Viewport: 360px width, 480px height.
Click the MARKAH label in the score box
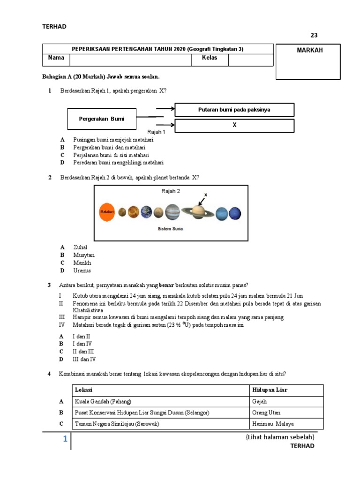tap(310, 50)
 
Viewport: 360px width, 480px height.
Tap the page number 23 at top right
tap(314, 35)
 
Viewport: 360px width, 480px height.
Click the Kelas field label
tap(209, 58)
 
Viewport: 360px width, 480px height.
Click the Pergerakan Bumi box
tap(102, 119)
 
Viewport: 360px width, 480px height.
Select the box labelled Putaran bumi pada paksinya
tap(234, 110)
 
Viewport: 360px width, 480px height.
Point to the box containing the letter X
tap(234, 126)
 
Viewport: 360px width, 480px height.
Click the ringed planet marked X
tap(198, 212)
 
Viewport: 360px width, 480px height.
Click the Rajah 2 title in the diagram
tap(171, 191)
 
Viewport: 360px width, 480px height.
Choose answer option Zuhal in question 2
tap(80, 247)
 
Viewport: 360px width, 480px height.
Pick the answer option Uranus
tap(82, 270)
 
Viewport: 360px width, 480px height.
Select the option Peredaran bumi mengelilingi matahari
tap(118, 163)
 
